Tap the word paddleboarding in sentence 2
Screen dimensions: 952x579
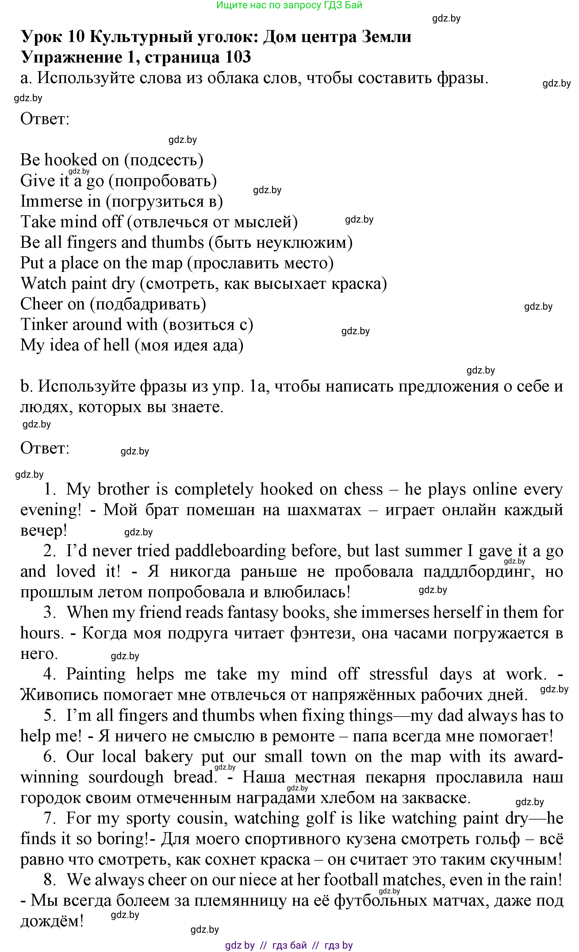[x=230, y=551]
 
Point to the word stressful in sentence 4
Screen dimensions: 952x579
[x=398, y=674]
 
